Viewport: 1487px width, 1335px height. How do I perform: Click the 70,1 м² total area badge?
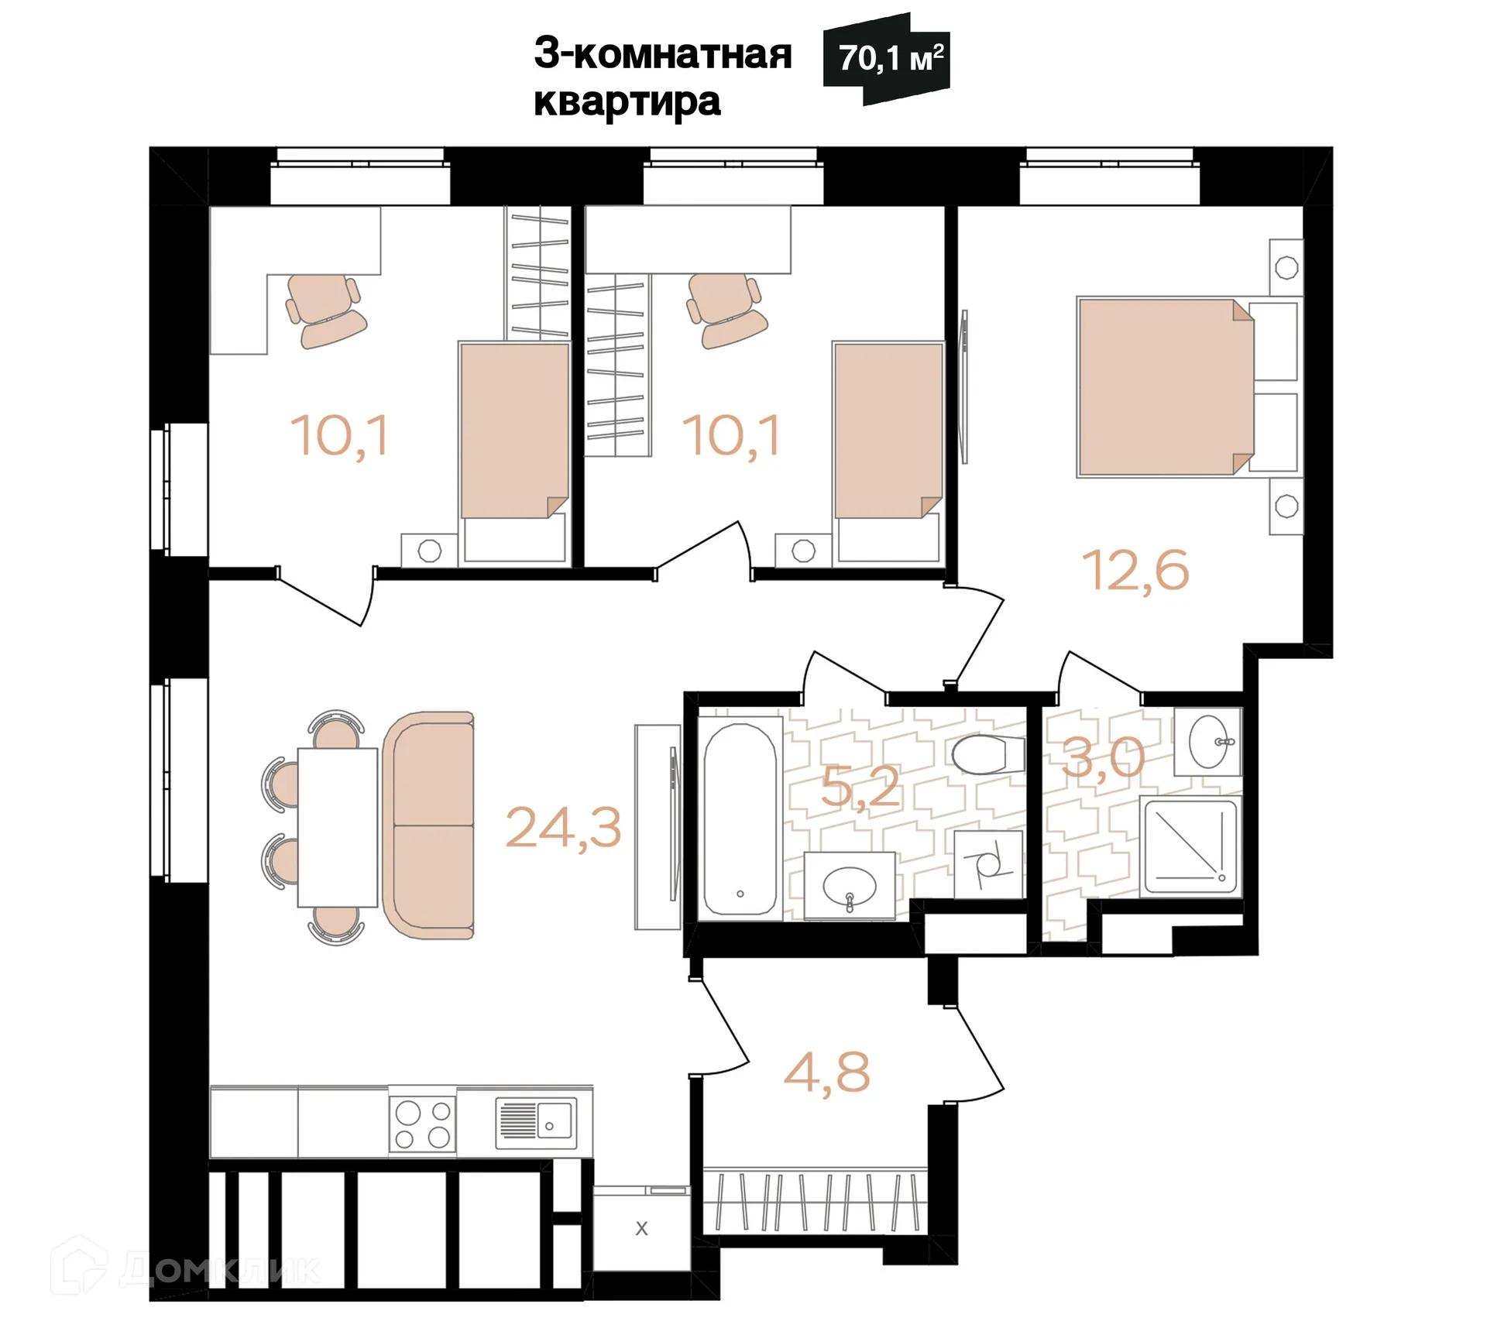[889, 59]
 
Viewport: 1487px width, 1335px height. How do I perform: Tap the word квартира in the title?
[627, 102]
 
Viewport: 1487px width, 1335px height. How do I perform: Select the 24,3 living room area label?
[563, 828]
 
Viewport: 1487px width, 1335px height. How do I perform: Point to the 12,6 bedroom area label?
[1135, 571]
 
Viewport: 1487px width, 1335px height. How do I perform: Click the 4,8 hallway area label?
[826, 1073]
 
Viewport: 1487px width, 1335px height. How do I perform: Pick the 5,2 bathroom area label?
[860, 788]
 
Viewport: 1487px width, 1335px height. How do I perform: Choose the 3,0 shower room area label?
[1103, 758]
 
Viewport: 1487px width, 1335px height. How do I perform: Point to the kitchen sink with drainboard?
[536, 1122]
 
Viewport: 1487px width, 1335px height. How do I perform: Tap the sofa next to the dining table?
[428, 825]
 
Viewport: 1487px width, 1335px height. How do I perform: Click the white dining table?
[338, 826]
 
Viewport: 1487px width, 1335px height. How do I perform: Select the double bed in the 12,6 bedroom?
[1166, 387]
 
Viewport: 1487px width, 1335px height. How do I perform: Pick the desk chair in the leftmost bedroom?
[324, 310]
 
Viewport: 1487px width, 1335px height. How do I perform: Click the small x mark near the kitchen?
[641, 1229]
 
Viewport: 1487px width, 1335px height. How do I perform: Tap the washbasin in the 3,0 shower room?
[1209, 742]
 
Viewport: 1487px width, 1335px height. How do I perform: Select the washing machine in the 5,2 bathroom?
[987, 865]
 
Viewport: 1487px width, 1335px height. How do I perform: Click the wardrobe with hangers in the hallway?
[816, 1202]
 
